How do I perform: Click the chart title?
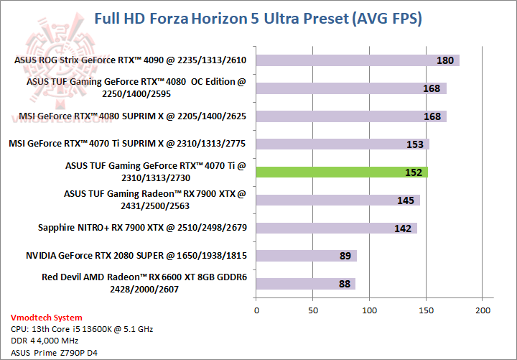(258, 19)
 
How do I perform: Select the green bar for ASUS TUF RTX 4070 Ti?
(342, 172)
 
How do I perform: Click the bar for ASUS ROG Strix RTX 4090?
(358, 60)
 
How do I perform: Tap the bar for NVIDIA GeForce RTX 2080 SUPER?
(307, 255)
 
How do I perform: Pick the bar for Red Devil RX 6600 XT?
(306, 283)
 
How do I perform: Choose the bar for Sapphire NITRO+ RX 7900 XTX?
(337, 228)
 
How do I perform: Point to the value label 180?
(445, 60)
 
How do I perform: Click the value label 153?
(415, 144)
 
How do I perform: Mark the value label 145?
(406, 200)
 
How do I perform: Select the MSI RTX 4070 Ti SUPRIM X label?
(127, 144)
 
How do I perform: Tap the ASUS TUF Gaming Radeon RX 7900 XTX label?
(155, 199)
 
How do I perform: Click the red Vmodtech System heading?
(47, 318)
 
